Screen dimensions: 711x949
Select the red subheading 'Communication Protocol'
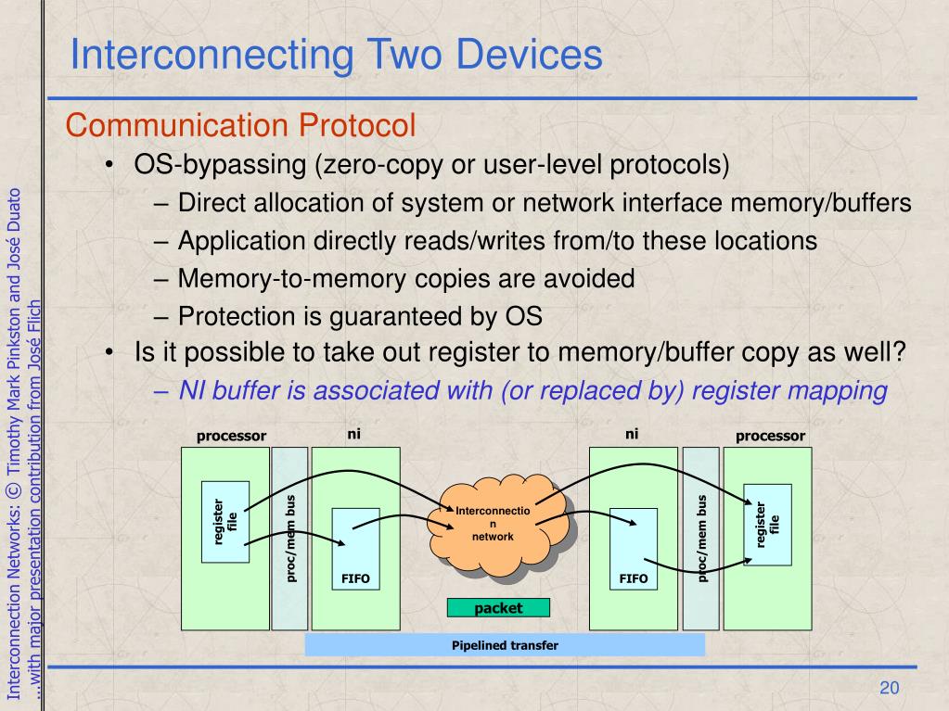(x=239, y=124)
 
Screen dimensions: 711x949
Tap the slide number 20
(x=890, y=687)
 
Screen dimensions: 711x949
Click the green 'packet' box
(x=498, y=608)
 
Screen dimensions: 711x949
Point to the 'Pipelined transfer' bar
(x=505, y=645)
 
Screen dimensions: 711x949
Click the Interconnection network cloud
(x=493, y=525)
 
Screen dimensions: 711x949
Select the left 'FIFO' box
(x=354, y=548)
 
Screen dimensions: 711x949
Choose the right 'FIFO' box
(x=634, y=548)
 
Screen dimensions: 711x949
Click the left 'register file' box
(x=225, y=522)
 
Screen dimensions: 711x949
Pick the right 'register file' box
(x=767, y=525)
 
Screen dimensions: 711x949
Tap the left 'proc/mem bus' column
(x=289, y=538)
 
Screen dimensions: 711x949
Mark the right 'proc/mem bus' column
(x=700, y=538)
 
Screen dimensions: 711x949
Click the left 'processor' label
(x=231, y=436)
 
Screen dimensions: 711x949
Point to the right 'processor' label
(x=770, y=436)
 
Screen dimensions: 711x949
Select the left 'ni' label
(x=353, y=433)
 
